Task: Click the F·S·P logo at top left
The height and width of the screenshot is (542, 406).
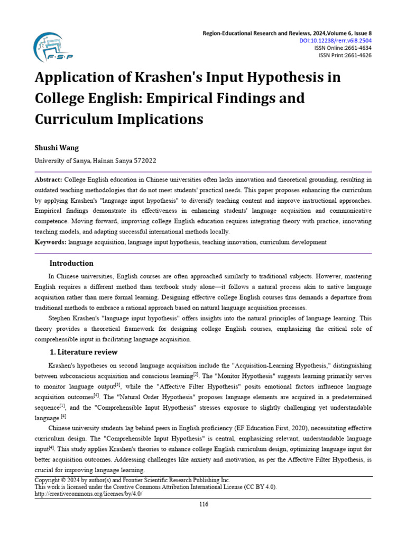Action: [x=53, y=48]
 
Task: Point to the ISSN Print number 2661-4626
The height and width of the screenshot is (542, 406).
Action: [x=357, y=55]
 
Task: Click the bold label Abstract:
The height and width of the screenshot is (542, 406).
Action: [x=49, y=180]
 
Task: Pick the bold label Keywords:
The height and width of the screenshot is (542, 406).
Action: [x=51, y=242]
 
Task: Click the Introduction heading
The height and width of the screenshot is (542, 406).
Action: [x=71, y=263]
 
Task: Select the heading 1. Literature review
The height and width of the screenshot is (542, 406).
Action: [x=83, y=352]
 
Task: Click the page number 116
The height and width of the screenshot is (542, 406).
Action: [x=204, y=504]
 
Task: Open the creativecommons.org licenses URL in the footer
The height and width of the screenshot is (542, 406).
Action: [x=88, y=493]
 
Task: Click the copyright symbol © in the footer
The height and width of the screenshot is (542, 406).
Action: [x=63, y=480]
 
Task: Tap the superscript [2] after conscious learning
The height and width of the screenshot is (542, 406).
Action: [x=196, y=374]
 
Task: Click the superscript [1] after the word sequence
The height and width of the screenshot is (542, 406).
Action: [x=62, y=406]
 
